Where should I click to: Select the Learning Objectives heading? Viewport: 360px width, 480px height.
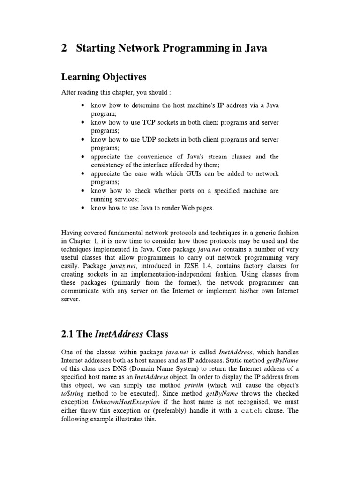point(104,77)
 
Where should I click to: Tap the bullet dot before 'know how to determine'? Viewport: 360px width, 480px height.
point(83,106)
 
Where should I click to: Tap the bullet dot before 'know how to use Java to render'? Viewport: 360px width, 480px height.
point(83,208)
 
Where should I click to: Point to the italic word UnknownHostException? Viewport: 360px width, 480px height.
point(118,402)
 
